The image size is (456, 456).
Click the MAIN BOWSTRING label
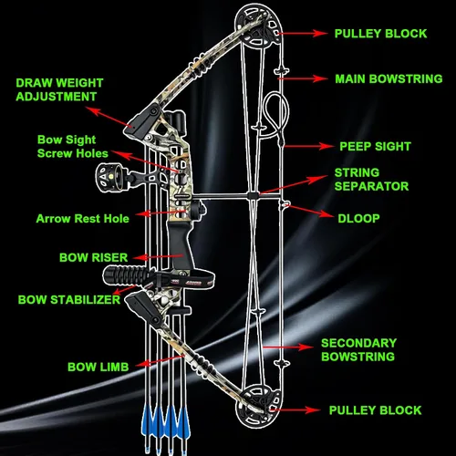click(389, 78)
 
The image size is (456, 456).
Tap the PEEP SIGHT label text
click(375, 146)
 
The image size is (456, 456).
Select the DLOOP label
click(358, 218)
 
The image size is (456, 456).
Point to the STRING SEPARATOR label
click(371, 180)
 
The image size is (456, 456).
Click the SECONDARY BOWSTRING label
click(358, 349)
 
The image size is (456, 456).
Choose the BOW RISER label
click(94, 257)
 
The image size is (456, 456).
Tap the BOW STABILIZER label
click(69, 299)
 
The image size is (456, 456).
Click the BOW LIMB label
click(98, 367)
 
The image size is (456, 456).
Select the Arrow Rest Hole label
click(83, 219)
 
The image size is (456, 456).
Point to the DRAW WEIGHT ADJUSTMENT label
click(59, 89)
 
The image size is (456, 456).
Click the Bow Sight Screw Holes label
click(73, 146)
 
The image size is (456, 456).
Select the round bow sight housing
click(108, 177)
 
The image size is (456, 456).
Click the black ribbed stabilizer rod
click(128, 275)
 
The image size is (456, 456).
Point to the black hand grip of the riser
click(180, 244)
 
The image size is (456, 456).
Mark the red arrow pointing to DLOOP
click(309, 212)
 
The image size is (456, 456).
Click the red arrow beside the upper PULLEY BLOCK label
click(302, 33)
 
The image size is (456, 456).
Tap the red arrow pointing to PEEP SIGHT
click(309, 146)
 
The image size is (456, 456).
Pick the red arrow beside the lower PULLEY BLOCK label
click(295, 409)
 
